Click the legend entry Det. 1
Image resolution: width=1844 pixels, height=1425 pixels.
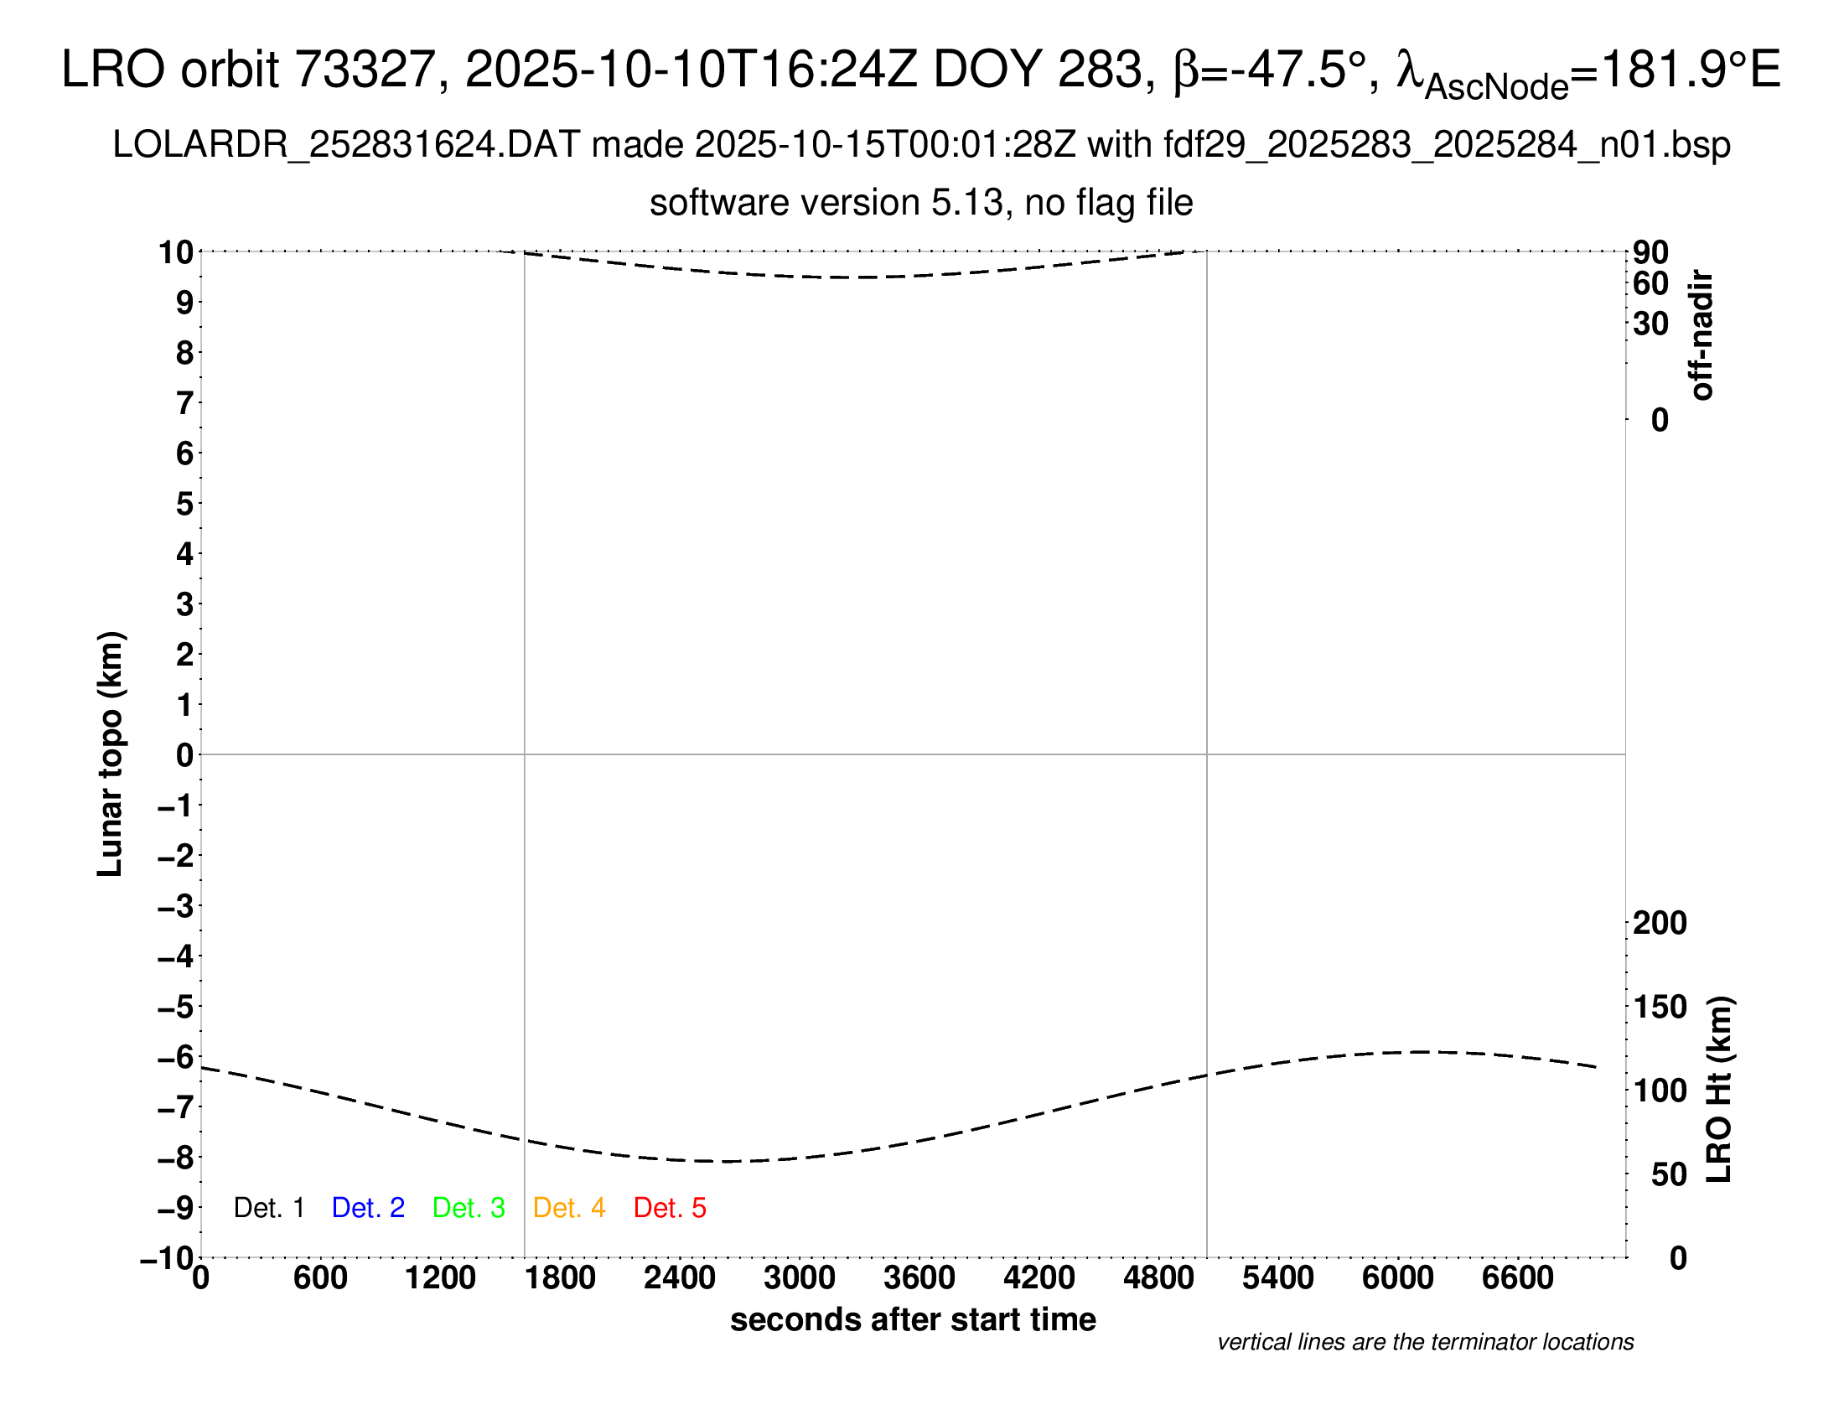[x=268, y=1208]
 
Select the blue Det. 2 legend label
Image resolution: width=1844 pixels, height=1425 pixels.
[x=368, y=1208]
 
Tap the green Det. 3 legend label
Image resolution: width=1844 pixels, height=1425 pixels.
[x=469, y=1208]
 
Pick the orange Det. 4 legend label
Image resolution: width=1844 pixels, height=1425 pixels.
[x=569, y=1208]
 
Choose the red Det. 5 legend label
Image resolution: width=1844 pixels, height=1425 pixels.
[x=670, y=1208]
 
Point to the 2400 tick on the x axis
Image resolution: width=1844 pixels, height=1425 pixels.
[x=679, y=1278]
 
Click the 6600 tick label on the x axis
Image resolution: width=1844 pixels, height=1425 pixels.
[x=1517, y=1278]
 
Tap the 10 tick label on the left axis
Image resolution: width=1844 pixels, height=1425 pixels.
[x=176, y=251]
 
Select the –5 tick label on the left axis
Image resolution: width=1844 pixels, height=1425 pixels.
[x=176, y=1007]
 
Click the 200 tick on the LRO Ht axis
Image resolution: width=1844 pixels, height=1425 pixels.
[x=1660, y=923]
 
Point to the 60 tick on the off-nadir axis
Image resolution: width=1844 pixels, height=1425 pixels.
[x=1650, y=283]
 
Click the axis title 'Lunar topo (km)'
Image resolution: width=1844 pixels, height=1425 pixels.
[x=111, y=754]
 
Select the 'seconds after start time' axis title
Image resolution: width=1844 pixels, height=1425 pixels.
[x=913, y=1319]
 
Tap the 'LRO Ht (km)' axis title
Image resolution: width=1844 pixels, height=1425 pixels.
[x=1719, y=1090]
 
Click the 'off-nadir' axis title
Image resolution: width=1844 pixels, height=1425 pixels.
[x=1702, y=335]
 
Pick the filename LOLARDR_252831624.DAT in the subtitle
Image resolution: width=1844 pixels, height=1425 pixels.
[x=346, y=145]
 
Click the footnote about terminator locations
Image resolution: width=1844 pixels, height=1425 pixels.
[x=1425, y=1342]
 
